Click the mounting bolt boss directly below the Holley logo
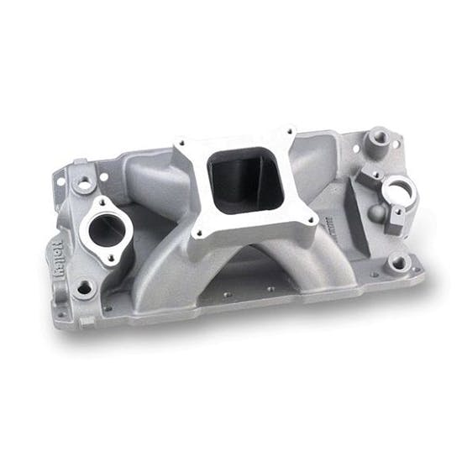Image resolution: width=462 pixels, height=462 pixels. [x=84, y=288]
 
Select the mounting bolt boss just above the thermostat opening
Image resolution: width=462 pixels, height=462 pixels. [x=85, y=181]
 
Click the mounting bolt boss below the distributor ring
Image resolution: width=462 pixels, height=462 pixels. [x=397, y=264]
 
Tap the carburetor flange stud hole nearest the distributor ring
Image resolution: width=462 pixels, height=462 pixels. [x=312, y=221]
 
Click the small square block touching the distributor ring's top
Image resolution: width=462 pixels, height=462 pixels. [x=367, y=176]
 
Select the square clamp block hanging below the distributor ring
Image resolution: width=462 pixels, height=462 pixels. [x=395, y=220]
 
